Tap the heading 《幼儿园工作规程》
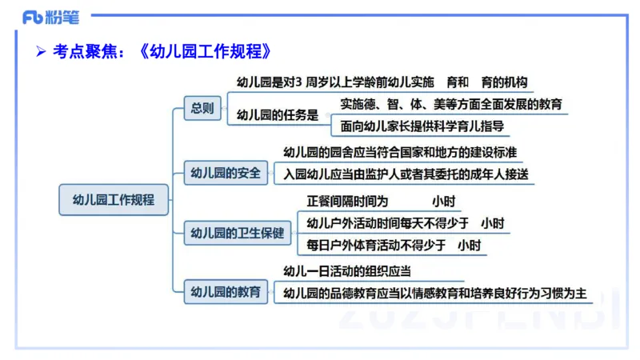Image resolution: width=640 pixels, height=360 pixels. tap(209, 51)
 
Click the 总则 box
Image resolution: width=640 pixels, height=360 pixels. tap(202, 108)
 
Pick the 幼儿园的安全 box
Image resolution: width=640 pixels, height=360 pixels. tap(226, 172)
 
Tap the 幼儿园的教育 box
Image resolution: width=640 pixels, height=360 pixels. tap(226, 292)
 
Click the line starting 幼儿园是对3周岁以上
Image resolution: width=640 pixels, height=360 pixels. tap(382, 82)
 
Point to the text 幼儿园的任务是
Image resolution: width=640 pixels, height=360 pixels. tap(278, 115)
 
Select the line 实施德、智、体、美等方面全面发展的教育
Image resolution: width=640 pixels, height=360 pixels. tap(450, 104)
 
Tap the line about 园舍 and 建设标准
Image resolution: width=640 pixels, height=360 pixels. tap(399, 153)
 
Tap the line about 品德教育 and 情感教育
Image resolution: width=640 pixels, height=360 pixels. tap(435, 293)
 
